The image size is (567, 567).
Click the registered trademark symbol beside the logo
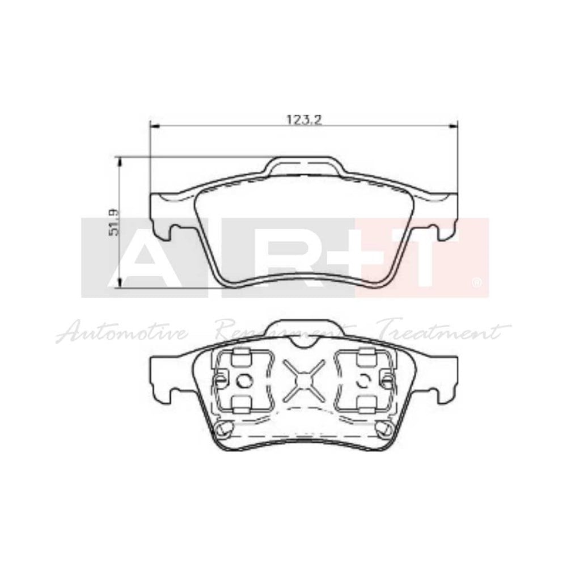tap(477, 281)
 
